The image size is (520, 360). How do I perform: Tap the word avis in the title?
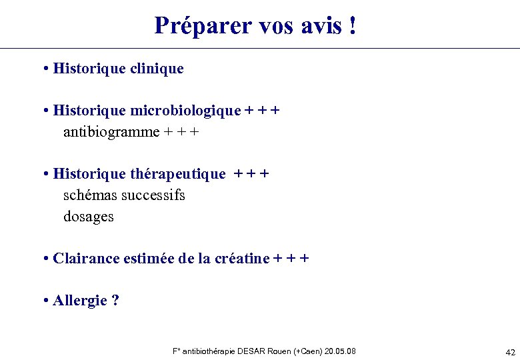(x=317, y=25)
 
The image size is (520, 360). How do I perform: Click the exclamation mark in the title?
(x=351, y=25)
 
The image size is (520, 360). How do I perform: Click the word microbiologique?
(x=185, y=111)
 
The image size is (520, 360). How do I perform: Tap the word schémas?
(x=89, y=195)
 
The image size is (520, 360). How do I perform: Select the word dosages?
(x=89, y=217)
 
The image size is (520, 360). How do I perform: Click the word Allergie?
(x=80, y=301)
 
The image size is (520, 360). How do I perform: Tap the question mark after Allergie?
(x=115, y=301)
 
